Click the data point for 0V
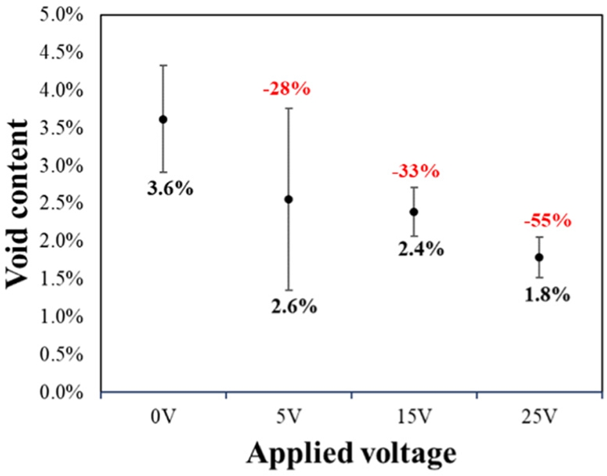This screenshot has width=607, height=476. (x=163, y=119)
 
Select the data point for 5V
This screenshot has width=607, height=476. (x=288, y=199)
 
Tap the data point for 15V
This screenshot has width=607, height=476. (x=414, y=212)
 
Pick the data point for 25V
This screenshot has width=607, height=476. (x=539, y=257)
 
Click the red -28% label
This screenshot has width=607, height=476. (x=286, y=89)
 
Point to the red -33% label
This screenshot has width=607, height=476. (x=415, y=172)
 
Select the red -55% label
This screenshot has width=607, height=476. (x=547, y=222)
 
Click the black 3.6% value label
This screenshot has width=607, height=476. (x=170, y=190)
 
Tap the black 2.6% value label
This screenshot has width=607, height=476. (x=294, y=307)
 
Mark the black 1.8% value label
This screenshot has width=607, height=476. (x=547, y=295)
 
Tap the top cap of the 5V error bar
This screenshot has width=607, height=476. (x=288, y=109)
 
